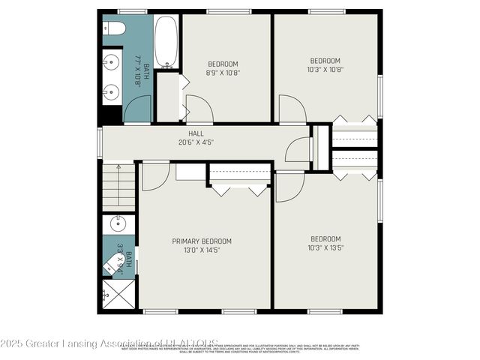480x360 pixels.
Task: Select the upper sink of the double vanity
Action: [111, 61]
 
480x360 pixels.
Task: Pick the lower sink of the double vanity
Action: [111, 92]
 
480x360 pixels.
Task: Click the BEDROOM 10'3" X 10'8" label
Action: [325, 65]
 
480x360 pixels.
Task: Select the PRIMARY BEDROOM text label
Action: [202, 245]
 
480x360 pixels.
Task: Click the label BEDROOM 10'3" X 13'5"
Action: [325, 243]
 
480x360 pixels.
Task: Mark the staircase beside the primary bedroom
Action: [118, 187]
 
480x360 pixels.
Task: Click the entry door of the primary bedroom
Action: [154, 175]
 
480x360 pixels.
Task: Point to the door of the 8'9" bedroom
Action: [199, 109]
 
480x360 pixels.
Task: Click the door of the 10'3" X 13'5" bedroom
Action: [289, 187]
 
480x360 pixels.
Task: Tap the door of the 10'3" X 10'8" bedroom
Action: [292, 109]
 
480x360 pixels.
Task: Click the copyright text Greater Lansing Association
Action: [109, 344]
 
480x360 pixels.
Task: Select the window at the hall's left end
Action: [99, 142]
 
